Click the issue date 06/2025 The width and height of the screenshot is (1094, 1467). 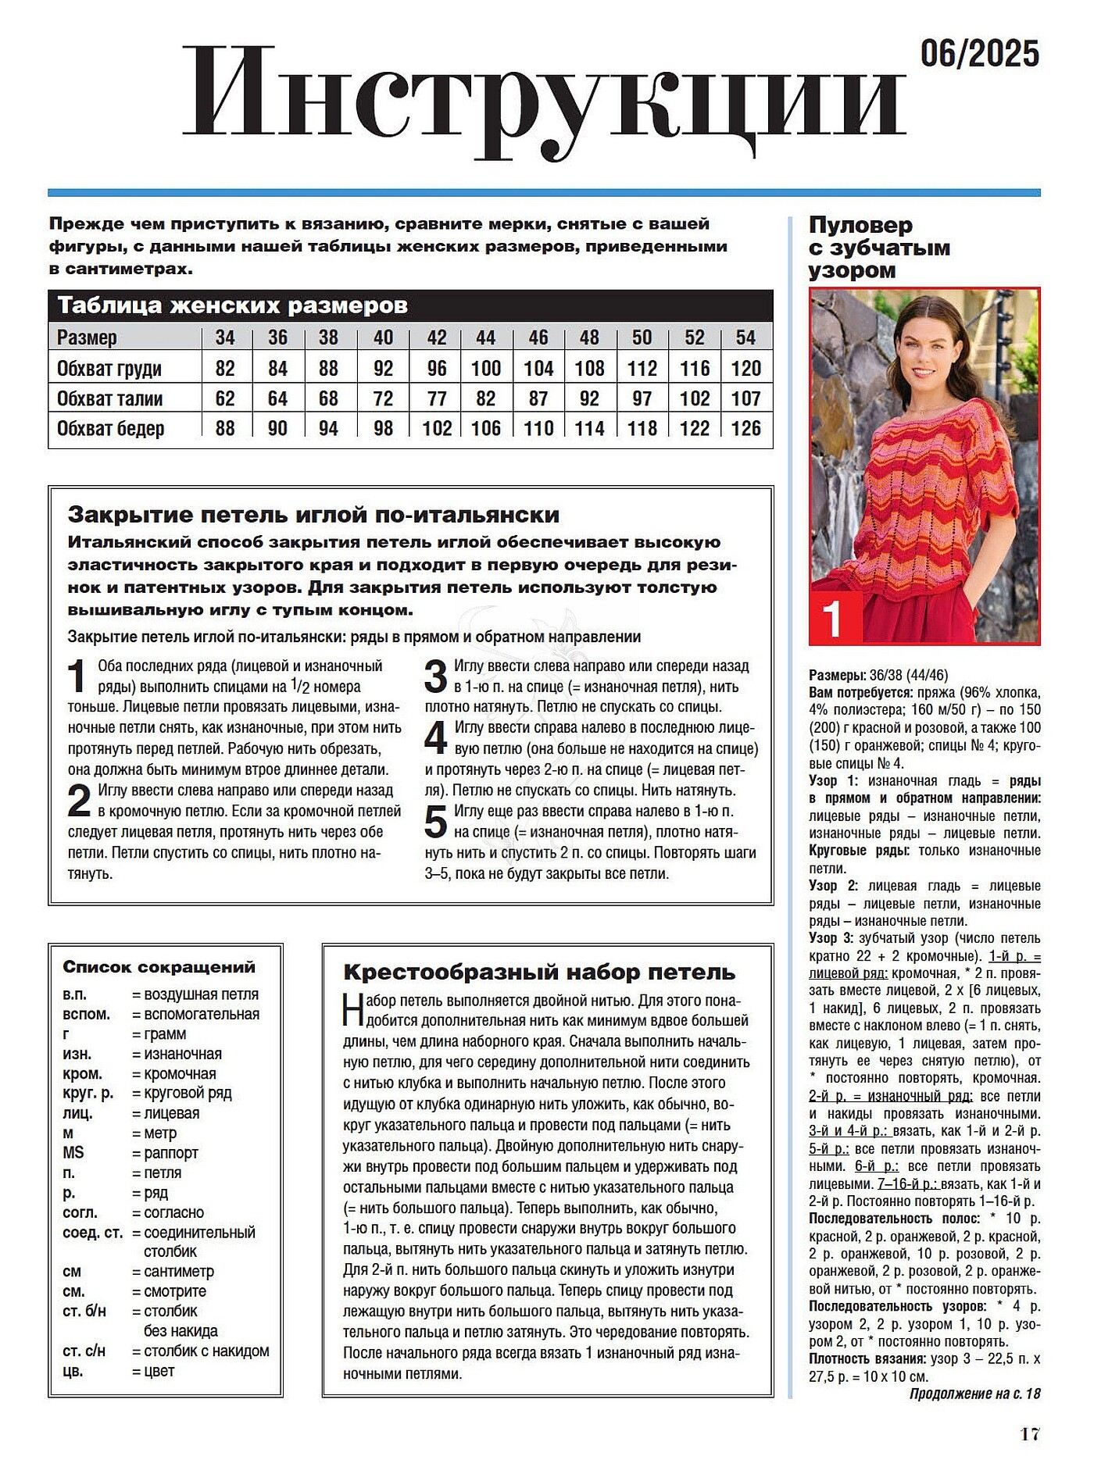tap(979, 54)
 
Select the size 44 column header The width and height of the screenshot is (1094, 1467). tap(485, 337)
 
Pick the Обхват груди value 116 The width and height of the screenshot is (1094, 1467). tap(694, 368)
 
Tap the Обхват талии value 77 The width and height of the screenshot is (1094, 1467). tap(436, 398)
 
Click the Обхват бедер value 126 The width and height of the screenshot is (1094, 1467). tap(745, 428)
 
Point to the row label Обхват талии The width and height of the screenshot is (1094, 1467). tap(110, 398)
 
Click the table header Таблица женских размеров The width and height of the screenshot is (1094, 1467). tap(233, 305)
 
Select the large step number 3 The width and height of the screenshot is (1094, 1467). tap(435, 676)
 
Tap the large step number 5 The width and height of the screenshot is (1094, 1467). tap(435, 822)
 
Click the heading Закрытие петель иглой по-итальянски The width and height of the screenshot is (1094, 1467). tap(313, 515)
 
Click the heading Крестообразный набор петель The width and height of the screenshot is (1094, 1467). tap(539, 973)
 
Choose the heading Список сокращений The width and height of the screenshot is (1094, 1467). tap(159, 967)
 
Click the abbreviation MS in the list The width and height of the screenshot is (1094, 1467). tap(73, 1153)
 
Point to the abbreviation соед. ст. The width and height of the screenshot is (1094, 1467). tap(93, 1233)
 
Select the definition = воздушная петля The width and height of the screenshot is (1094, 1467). tap(195, 994)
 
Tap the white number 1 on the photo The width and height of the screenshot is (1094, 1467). tap(833, 619)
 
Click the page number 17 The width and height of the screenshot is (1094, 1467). tap(1029, 1434)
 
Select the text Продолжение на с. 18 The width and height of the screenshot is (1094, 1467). tap(974, 1394)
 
